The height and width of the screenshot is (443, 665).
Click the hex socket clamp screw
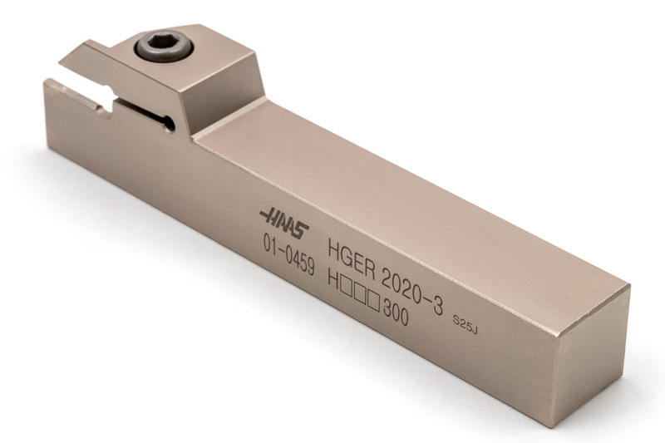click(165, 47)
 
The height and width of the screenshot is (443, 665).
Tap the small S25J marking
click(465, 324)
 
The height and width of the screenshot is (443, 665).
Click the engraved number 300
click(396, 313)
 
